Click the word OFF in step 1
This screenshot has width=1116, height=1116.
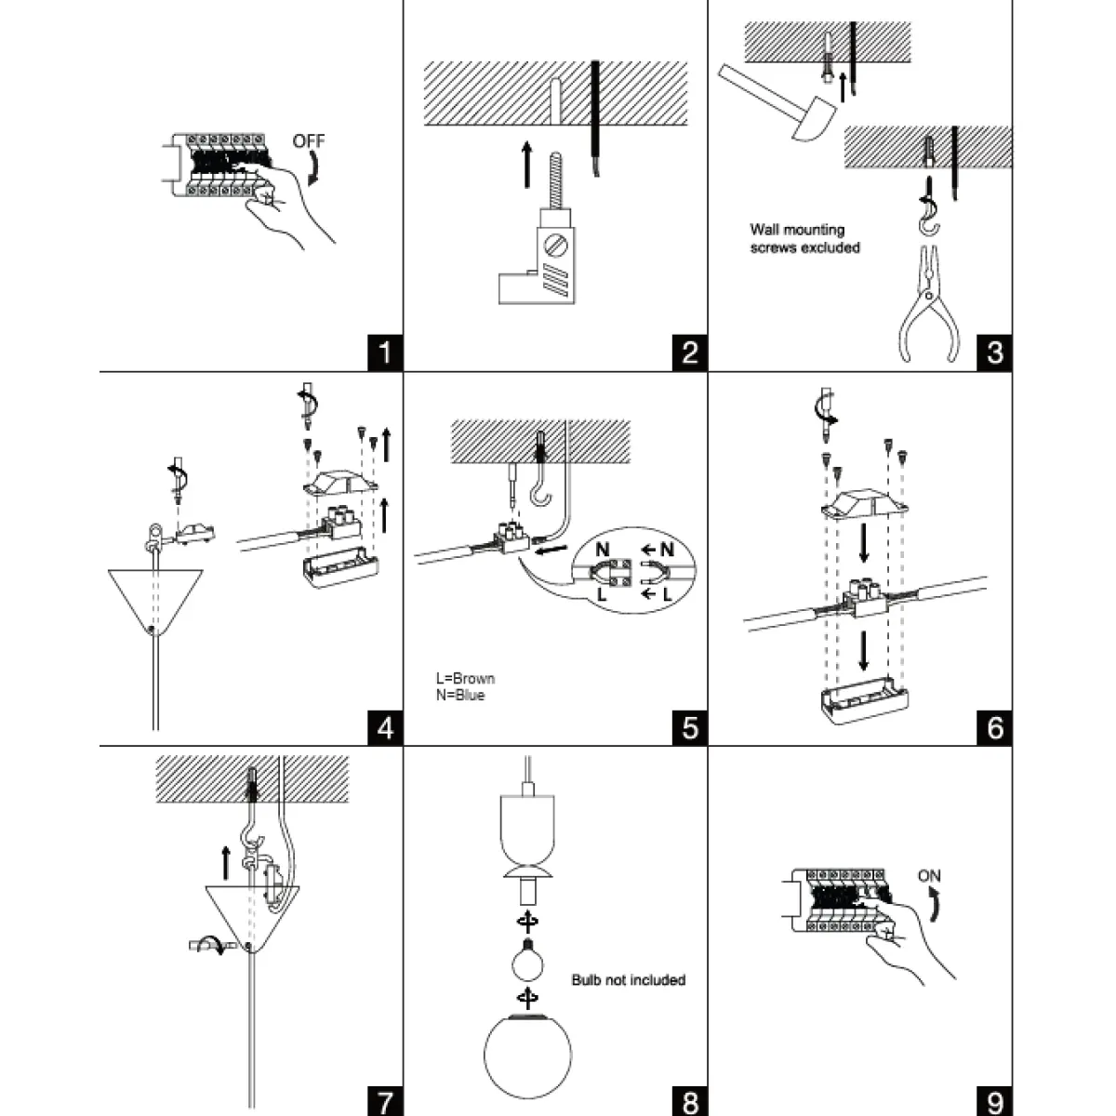coord(309,141)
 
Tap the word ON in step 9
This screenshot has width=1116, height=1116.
coord(929,876)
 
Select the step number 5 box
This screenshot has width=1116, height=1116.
coord(689,726)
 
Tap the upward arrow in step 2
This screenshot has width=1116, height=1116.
coord(526,164)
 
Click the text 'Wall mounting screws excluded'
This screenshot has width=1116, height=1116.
coord(804,238)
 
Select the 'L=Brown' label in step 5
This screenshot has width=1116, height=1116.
coord(466,679)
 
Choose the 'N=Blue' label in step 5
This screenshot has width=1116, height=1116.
coord(460,695)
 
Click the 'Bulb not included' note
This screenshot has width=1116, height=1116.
coord(628,980)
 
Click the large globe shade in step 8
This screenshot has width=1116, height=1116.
coord(527,1056)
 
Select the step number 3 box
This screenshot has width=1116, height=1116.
coord(994,353)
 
